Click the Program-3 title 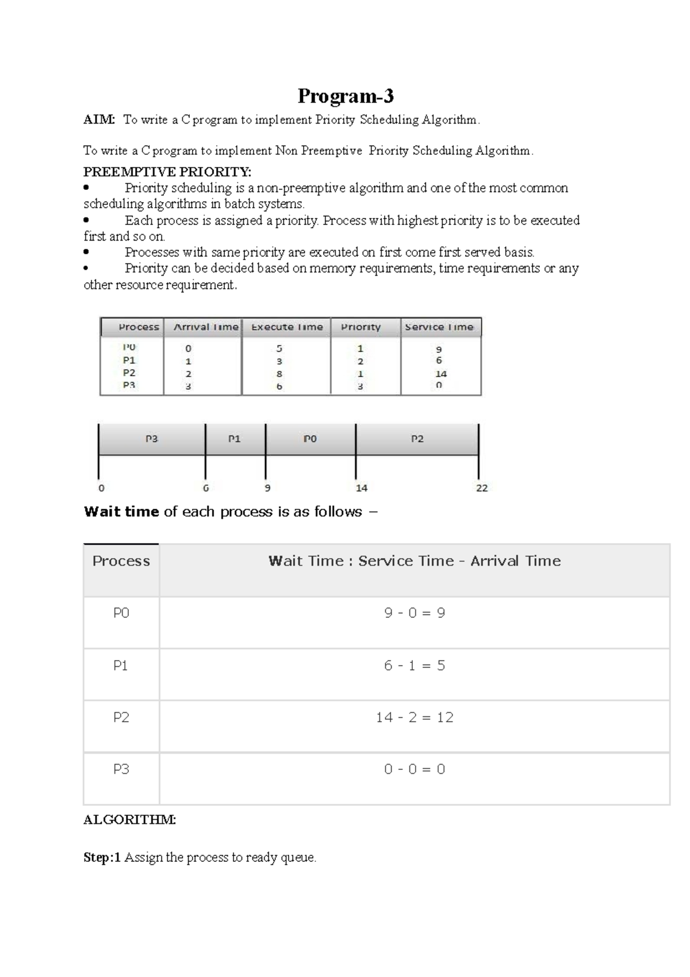[x=345, y=96]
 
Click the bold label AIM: [x=99, y=120]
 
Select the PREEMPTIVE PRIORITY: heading [x=167, y=172]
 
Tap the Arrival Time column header [x=206, y=327]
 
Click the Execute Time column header [x=287, y=327]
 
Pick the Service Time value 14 [x=441, y=373]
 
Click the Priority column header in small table [x=361, y=327]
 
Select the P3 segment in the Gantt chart [x=151, y=439]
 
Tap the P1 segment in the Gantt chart [x=235, y=439]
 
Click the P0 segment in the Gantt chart [x=310, y=439]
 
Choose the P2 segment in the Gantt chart [x=417, y=439]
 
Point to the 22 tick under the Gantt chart [x=482, y=488]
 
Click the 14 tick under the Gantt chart [x=361, y=488]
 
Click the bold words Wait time [x=121, y=512]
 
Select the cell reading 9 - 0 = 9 [x=415, y=613]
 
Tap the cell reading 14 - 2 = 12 [x=415, y=718]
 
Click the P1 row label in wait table [x=121, y=666]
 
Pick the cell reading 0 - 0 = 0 [x=415, y=769]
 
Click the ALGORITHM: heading [x=129, y=820]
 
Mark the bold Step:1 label [x=102, y=857]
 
